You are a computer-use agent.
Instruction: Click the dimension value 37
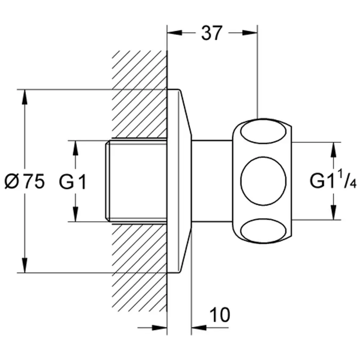[212, 33]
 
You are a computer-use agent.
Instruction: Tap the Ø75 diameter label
[24, 181]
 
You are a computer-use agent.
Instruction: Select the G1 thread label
[73, 181]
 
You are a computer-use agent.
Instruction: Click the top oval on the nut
[264, 132]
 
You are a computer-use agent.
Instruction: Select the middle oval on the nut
[264, 181]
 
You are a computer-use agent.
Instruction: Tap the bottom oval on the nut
[264, 230]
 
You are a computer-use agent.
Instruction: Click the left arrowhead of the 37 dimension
[175, 33]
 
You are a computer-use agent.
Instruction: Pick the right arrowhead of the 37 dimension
[250, 33]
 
